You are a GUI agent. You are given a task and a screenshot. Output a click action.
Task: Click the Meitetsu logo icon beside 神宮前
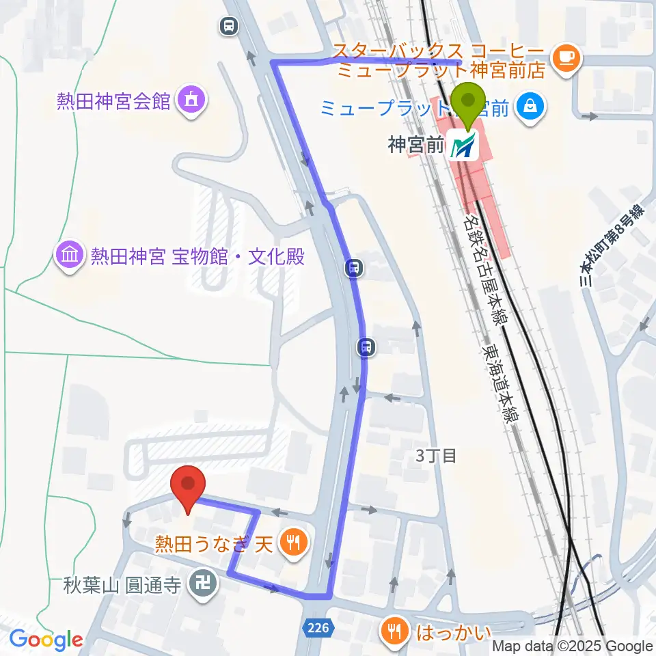[465, 146]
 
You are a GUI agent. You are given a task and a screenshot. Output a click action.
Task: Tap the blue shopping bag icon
[530, 106]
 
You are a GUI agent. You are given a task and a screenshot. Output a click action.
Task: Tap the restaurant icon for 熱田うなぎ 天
[295, 543]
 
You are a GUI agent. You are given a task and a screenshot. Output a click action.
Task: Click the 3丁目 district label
[436, 455]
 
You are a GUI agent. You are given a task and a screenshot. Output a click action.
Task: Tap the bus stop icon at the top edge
[229, 26]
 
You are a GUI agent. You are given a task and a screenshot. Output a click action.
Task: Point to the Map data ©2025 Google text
[573, 646]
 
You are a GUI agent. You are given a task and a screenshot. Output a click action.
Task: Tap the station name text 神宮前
[416, 146]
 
